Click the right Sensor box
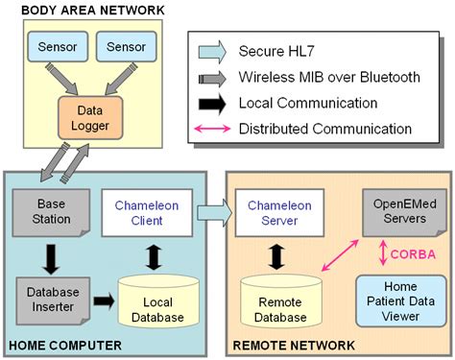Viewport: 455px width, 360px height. pyautogui.click(x=126, y=46)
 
